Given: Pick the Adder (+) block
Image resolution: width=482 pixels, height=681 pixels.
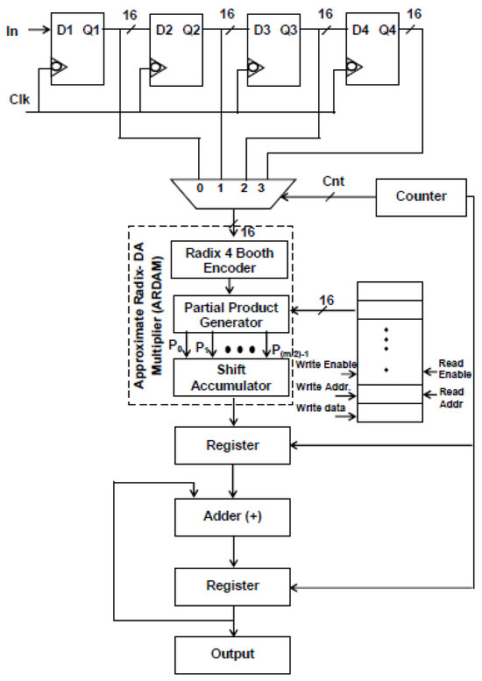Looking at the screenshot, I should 232,517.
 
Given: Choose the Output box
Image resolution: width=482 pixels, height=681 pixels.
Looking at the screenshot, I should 232,652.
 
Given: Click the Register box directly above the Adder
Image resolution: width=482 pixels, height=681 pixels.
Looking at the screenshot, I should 232,445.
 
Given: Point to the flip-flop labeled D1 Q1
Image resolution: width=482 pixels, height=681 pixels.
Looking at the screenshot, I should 78,48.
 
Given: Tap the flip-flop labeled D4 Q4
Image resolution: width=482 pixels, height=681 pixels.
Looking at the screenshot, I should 374,48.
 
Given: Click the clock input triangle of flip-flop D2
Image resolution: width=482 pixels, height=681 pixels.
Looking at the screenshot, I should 157,67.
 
